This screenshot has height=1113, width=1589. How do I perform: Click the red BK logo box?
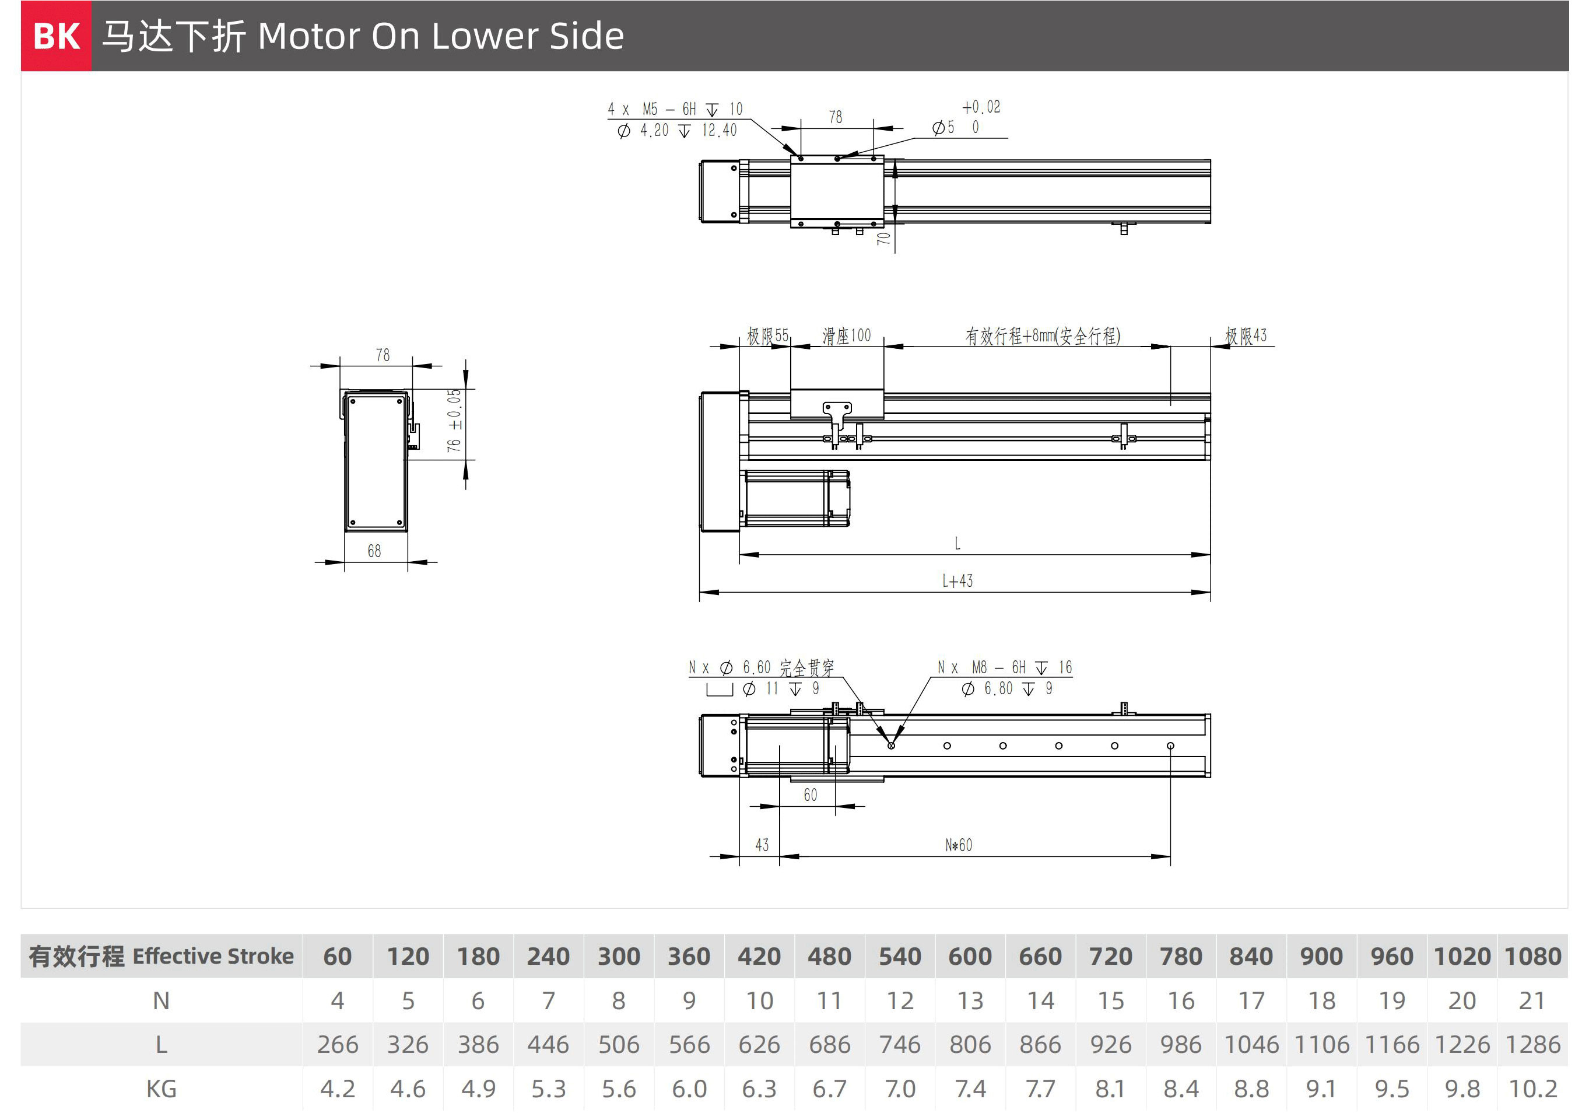56,36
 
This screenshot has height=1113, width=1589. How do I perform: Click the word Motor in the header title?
307,36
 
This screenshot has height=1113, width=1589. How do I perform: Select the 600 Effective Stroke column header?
970,956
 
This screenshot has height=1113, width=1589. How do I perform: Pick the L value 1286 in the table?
1532,1045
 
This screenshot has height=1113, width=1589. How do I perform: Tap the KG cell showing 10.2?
1532,1088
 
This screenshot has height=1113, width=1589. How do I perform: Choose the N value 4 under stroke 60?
337,1001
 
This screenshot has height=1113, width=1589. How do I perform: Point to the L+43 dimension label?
957,581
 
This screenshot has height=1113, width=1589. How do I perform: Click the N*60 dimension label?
959,845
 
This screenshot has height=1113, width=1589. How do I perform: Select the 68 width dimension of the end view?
374,551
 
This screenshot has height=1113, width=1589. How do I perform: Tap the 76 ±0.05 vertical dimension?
454,421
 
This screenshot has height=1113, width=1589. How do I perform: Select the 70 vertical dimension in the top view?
883,238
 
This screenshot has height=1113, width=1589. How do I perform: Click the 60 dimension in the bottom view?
810,795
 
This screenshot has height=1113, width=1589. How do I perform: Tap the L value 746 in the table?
900,1045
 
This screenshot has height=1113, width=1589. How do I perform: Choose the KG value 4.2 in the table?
337,1088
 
